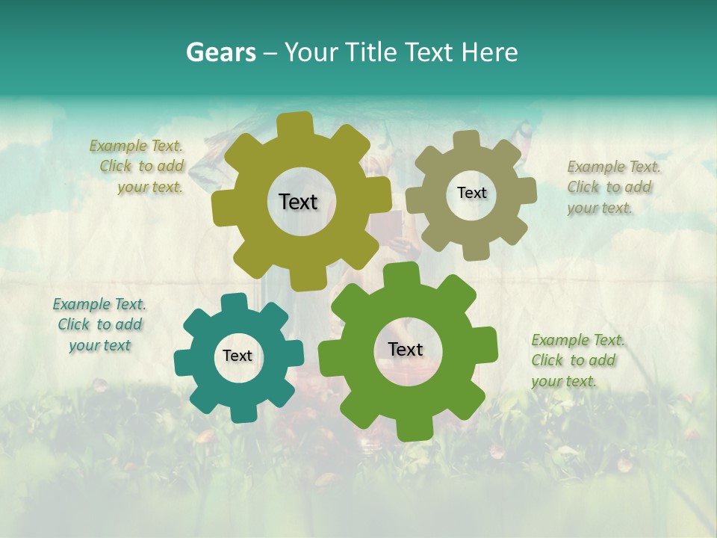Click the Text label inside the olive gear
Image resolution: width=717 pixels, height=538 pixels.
298,202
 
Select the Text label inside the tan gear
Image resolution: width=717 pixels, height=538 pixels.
471,193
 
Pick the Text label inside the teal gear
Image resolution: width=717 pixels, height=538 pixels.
238,356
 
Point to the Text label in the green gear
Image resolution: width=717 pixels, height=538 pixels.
406,349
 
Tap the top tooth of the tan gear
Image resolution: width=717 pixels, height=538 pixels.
467,140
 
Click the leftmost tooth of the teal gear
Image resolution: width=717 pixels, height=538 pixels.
183,361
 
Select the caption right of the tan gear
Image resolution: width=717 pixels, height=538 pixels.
612,187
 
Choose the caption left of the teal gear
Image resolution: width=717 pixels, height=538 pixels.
99,324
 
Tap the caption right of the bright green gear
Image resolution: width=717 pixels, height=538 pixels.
577,360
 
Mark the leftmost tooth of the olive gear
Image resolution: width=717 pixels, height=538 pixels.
223,208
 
